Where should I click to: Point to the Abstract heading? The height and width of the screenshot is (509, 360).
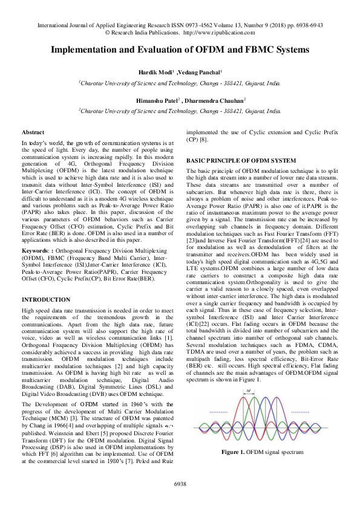[x=33, y=131]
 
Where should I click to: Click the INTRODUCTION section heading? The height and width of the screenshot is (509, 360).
[x=46, y=300]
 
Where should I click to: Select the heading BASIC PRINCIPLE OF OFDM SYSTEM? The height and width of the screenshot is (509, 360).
[x=241, y=161]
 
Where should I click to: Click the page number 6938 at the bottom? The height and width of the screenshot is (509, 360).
[x=180, y=484]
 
